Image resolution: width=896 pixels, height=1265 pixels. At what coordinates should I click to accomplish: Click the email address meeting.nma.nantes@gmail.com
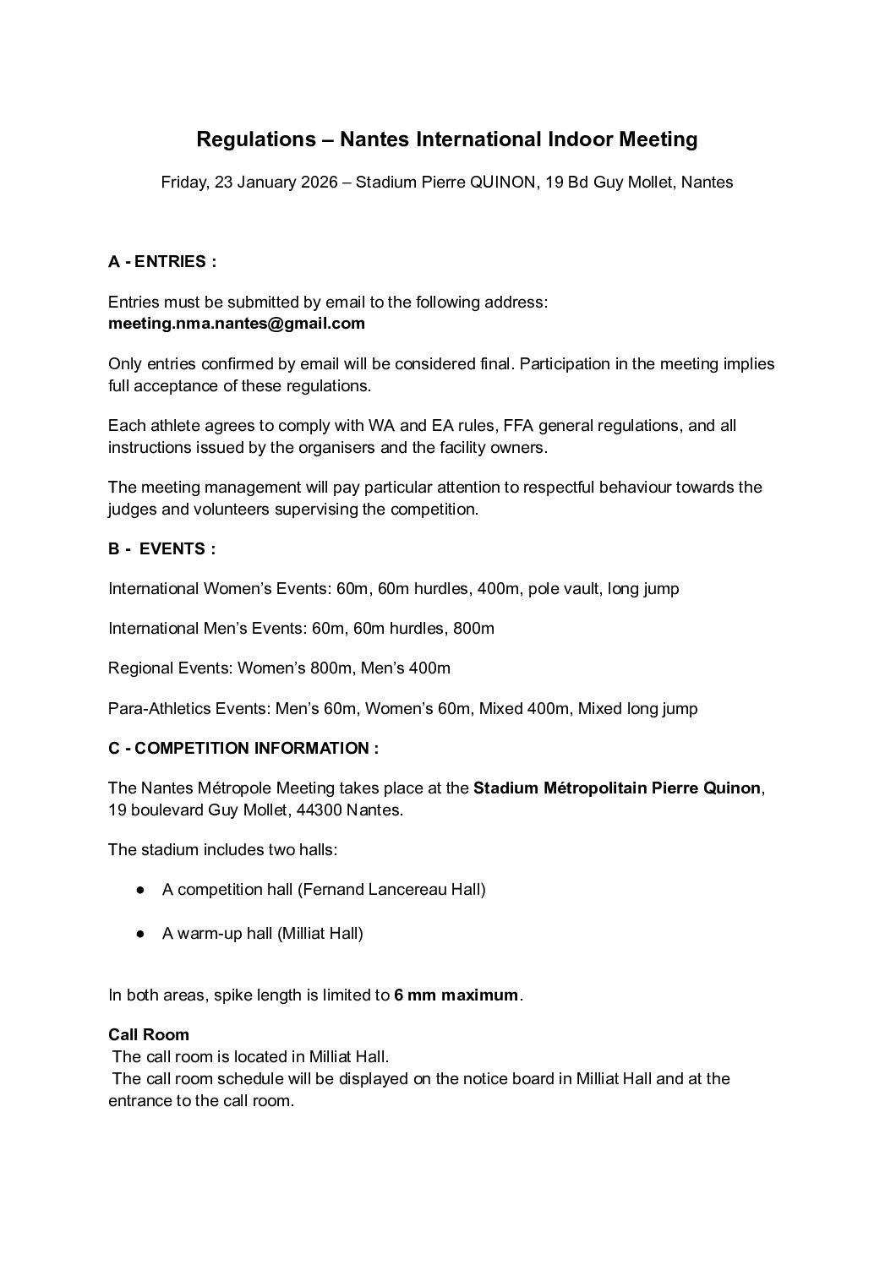tap(237, 323)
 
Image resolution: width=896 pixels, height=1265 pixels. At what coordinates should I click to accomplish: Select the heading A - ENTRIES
tap(162, 261)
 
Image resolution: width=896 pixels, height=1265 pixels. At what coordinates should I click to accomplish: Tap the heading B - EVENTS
tap(161, 548)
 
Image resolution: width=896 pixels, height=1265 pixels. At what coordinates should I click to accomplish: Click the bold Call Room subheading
tap(149, 1034)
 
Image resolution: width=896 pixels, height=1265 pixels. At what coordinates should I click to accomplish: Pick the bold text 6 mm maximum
tap(456, 995)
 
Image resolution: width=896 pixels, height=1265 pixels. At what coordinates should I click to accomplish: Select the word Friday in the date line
tap(183, 182)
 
